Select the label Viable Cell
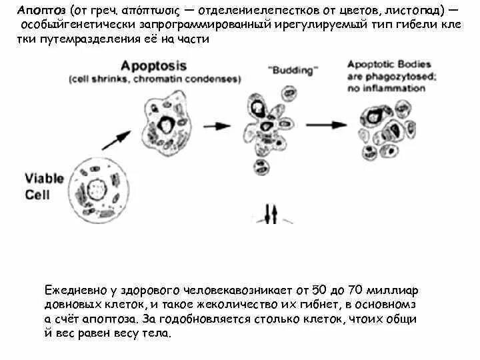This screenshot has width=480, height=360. pos(45,186)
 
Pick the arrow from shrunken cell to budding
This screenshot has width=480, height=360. pos(219,125)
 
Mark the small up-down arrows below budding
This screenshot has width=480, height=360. pos(271,214)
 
